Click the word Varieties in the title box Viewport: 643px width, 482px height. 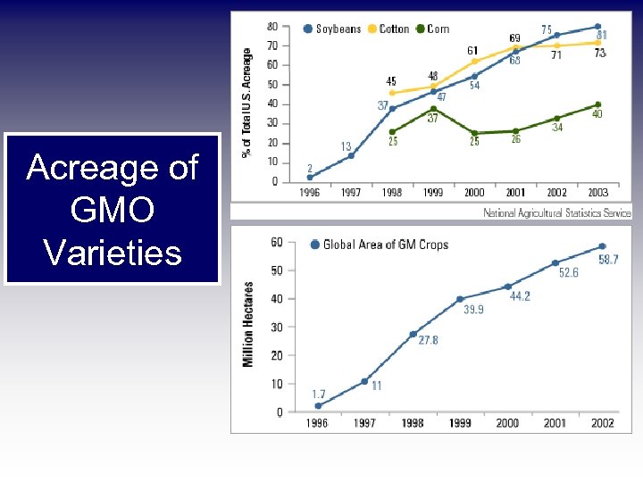(113, 253)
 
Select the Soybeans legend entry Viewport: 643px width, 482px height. (332, 29)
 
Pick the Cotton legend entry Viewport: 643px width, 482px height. (389, 29)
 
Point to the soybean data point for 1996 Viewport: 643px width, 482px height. (310, 177)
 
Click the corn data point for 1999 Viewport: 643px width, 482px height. (433, 109)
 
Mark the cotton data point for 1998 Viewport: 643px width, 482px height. (392, 93)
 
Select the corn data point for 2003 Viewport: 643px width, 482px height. (597, 104)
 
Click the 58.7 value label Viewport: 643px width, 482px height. (608, 260)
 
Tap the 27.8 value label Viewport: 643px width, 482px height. (428, 340)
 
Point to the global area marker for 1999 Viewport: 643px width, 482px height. (460, 299)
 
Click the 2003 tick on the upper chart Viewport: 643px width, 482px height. (597, 192)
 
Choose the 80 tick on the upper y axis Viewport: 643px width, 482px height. (272, 26)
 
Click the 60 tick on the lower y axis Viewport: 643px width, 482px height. (276, 242)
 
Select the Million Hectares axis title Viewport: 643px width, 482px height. (248, 324)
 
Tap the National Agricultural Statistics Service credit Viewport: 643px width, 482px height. (556, 212)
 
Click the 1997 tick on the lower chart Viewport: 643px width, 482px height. (364, 422)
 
